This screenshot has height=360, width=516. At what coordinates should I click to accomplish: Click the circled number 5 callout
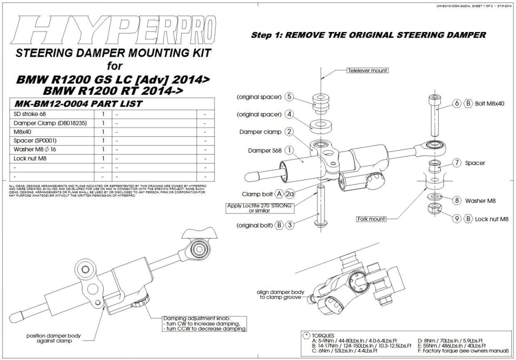289,97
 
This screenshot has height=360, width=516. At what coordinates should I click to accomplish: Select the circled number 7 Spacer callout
457,162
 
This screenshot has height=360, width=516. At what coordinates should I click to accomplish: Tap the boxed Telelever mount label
367,70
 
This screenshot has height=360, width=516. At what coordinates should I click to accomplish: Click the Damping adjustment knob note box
204,323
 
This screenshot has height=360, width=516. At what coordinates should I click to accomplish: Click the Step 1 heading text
368,35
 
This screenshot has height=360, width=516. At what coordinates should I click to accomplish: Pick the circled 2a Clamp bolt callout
290,194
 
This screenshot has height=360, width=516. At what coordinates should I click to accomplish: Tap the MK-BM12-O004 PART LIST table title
79,104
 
